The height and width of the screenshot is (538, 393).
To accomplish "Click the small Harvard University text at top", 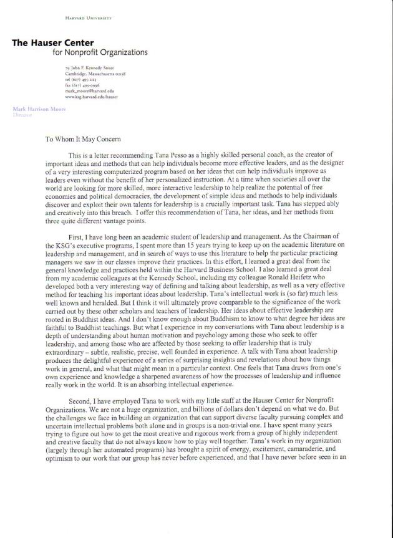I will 88,19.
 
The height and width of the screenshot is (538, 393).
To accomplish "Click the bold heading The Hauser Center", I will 53,42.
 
